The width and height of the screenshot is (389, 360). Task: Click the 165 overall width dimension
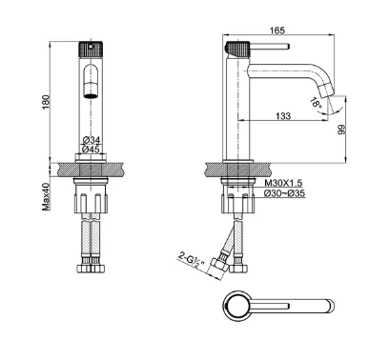[277, 30]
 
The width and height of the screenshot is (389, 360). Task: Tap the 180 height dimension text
[46, 102]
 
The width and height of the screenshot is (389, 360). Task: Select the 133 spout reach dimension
[283, 116]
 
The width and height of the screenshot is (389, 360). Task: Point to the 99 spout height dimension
[341, 130]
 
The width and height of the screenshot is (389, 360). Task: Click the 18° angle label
[317, 102]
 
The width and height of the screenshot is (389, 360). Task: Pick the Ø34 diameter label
[92, 140]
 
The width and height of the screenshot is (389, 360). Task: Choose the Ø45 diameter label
[92, 149]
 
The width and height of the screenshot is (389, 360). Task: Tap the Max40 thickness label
[46, 197]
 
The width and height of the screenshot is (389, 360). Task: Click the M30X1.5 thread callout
[283, 183]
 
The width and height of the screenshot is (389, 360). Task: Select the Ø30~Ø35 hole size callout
[284, 193]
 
